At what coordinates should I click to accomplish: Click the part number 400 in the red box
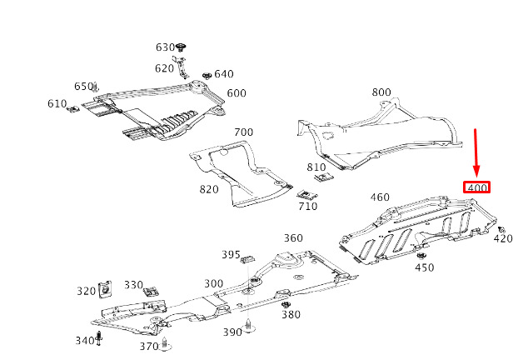tap(477, 187)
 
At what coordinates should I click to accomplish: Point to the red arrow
tap(476, 153)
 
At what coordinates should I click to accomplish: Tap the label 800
tap(381, 92)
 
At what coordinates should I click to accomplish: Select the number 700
tap(243, 132)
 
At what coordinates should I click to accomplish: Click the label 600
tap(237, 93)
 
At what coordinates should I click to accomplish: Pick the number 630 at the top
tap(165, 47)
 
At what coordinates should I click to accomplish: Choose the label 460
tap(380, 197)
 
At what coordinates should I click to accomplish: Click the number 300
tap(213, 283)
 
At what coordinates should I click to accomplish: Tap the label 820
tap(208, 189)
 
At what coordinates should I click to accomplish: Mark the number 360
tap(293, 238)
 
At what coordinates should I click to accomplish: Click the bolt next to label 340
tap(100, 337)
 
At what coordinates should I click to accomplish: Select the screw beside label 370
tap(165, 342)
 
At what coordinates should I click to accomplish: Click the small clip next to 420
tap(502, 227)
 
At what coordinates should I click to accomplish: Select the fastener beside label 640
tap(204, 76)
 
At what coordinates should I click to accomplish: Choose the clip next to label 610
tap(74, 108)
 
